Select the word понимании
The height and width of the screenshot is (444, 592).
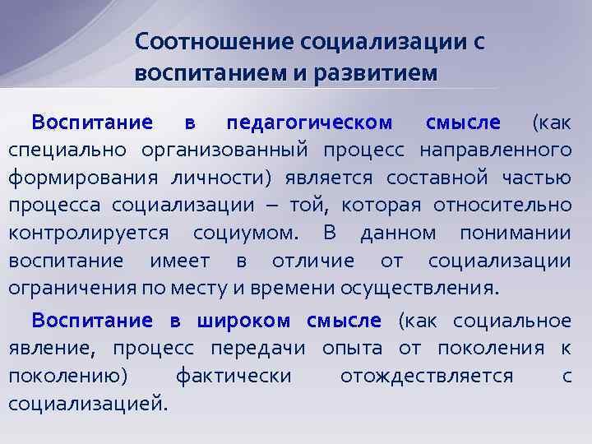515,233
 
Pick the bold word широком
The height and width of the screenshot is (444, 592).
251,320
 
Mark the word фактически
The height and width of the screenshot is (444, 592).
234,376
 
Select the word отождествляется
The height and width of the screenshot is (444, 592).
426,376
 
